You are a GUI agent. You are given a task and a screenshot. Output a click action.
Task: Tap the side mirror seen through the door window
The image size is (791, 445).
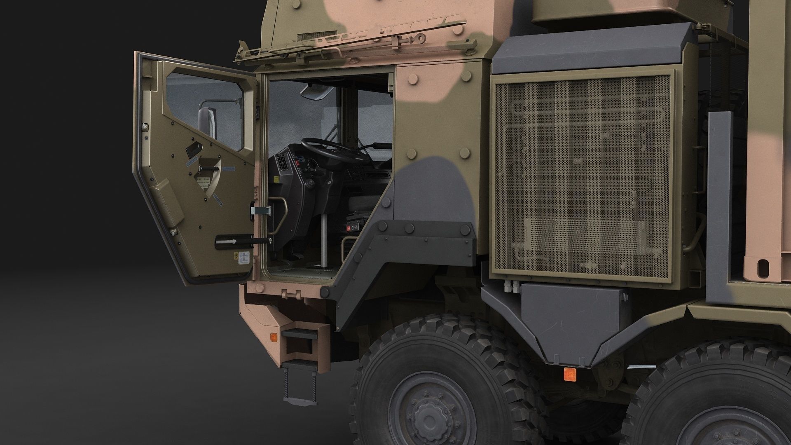(x=208, y=124)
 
